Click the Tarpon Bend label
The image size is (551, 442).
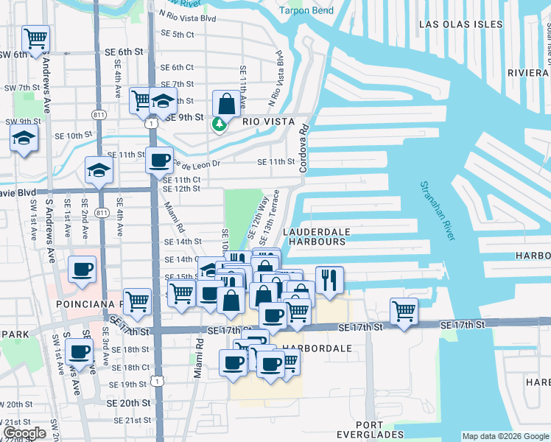click(x=306, y=10)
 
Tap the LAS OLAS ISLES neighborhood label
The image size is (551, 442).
click(x=460, y=24)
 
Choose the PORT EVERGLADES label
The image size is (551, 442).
click(x=358, y=430)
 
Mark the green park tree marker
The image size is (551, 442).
click(x=219, y=124)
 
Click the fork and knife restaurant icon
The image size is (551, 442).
click(x=329, y=279)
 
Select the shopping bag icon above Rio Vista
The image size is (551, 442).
click(x=225, y=103)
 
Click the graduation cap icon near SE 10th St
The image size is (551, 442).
click(x=24, y=138)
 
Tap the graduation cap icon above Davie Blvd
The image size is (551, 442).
click(x=98, y=170)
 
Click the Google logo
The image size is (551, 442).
click(x=25, y=433)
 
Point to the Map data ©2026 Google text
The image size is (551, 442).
click(x=505, y=436)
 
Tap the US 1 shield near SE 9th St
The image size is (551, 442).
click(x=151, y=124)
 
